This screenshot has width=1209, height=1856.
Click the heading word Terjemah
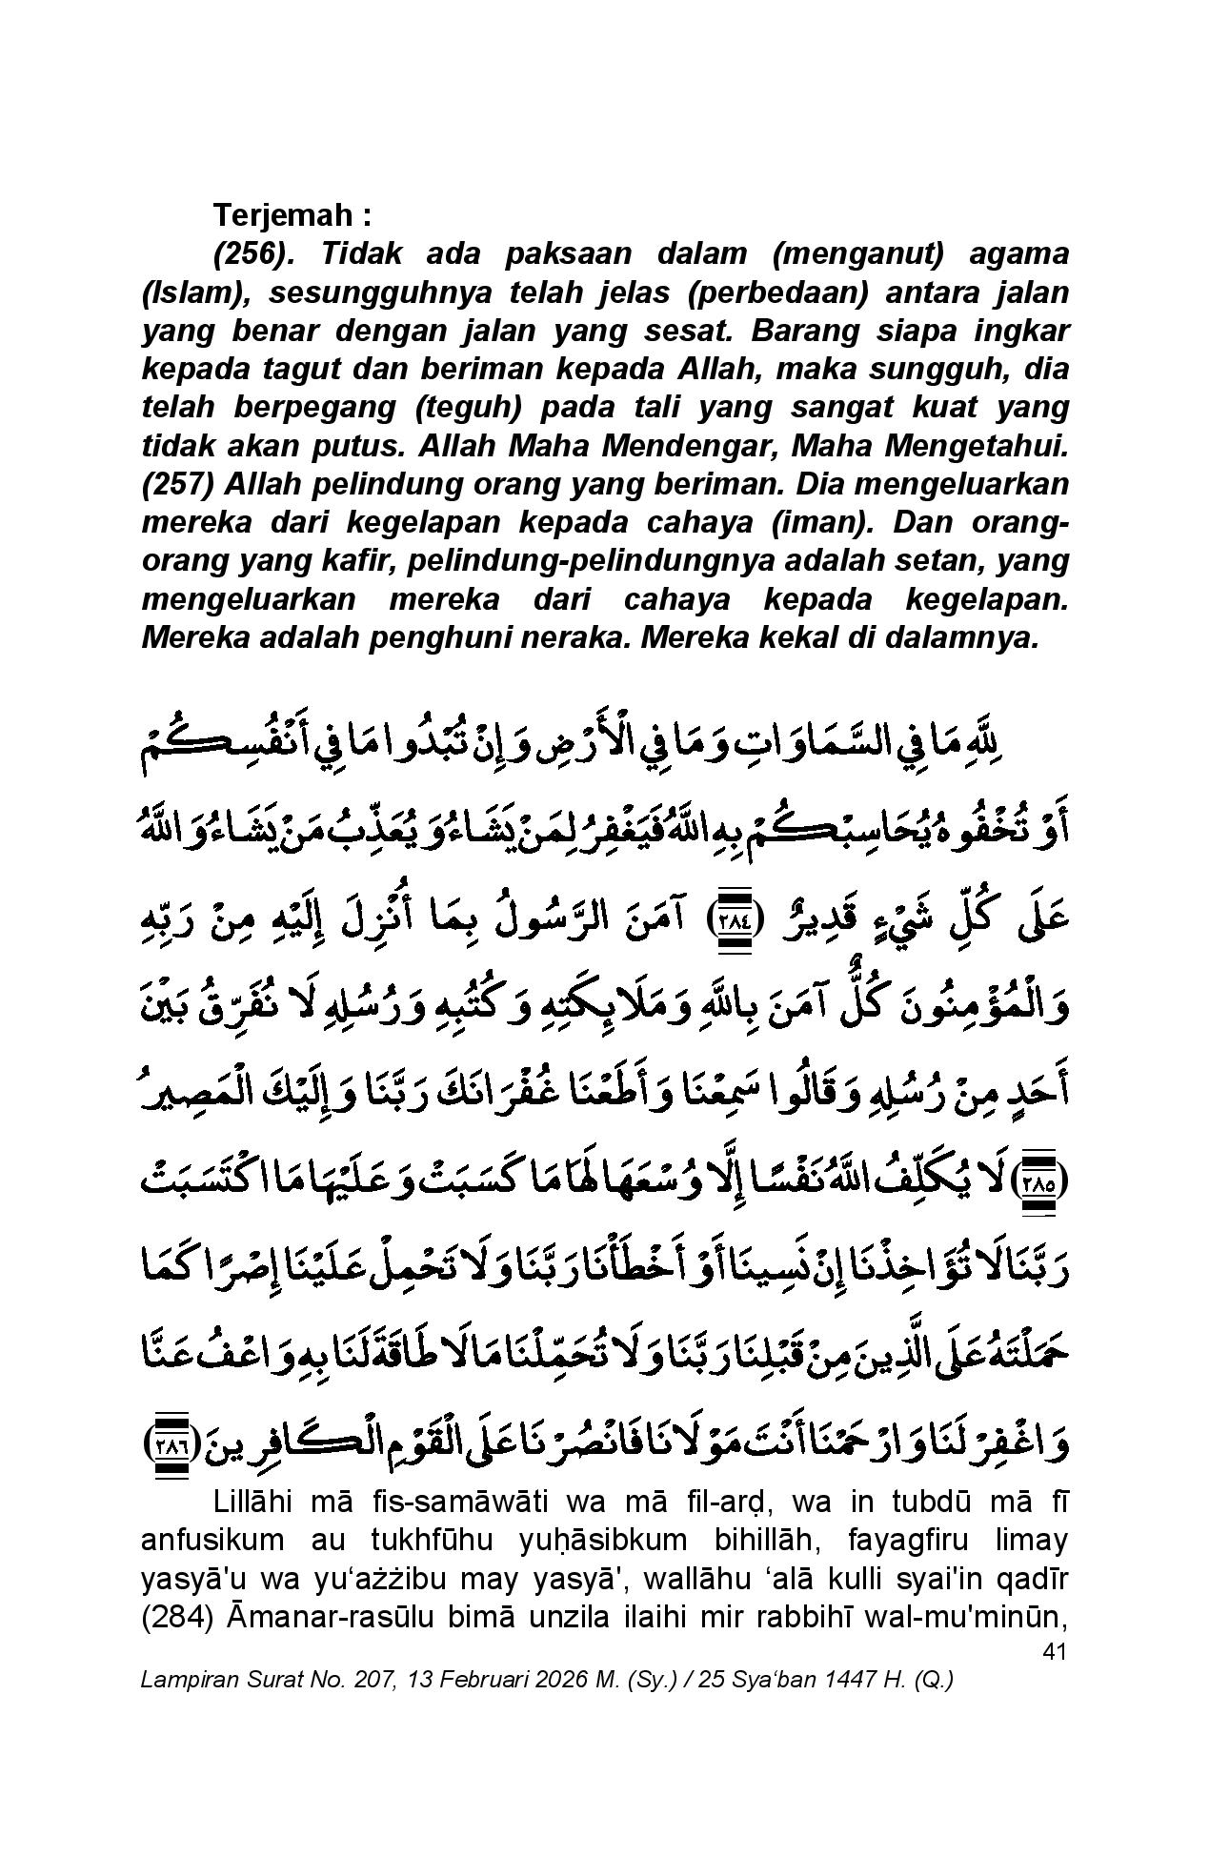(282, 215)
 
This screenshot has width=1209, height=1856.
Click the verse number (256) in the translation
(252, 254)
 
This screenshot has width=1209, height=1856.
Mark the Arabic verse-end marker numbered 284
(733, 921)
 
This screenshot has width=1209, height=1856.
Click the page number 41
(1053, 1652)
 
